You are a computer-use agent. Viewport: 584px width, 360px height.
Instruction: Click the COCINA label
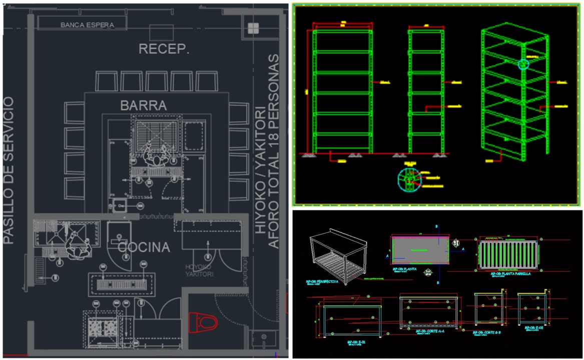click(x=144, y=247)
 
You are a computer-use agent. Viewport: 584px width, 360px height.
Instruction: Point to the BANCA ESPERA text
click(x=88, y=24)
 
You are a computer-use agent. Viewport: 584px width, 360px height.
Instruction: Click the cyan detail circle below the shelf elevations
click(x=409, y=181)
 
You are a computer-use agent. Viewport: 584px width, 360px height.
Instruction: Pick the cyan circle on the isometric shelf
click(x=523, y=64)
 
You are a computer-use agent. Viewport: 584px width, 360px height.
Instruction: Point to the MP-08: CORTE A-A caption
click(x=428, y=331)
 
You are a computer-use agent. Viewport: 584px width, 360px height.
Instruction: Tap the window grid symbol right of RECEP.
click(x=253, y=27)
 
